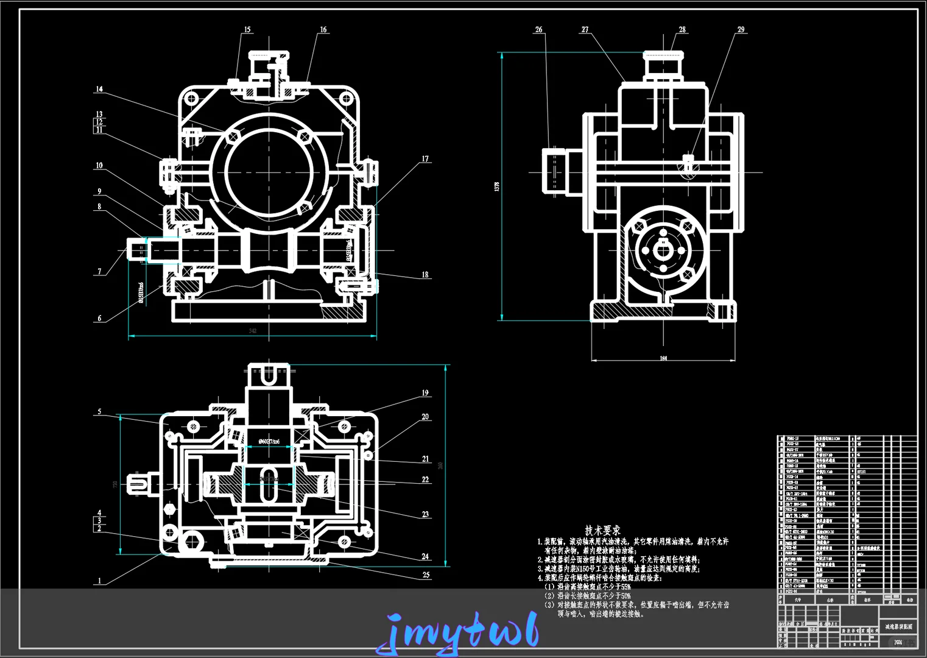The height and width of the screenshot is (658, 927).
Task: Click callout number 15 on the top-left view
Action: click(247, 29)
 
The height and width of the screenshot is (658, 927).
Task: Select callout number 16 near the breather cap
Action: click(323, 29)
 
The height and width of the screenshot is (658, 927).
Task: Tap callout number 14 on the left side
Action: click(99, 89)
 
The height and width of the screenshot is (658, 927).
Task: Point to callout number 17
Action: click(425, 159)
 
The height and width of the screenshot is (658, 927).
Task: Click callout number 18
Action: click(425, 275)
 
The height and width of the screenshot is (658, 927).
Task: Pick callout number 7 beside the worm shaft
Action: click(99, 272)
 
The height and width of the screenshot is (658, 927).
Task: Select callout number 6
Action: click(99, 318)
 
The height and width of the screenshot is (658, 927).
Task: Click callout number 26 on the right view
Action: click(538, 29)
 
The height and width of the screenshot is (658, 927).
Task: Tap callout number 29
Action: click(741, 29)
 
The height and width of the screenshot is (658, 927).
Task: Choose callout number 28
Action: click(682, 29)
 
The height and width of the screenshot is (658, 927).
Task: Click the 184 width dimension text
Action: click(663, 358)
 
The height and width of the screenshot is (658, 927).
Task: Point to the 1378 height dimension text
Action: click(497, 186)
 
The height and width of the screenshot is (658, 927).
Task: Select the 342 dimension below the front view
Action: click(252, 331)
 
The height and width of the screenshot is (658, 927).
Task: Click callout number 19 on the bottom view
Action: click(425, 393)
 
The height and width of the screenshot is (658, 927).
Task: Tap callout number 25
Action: click(426, 575)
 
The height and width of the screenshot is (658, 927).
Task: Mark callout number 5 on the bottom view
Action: click(99, 412)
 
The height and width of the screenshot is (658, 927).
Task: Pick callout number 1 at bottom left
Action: click(99, 581)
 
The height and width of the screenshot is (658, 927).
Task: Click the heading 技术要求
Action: click(602, 531)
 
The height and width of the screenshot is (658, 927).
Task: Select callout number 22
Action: click(425, 479)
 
